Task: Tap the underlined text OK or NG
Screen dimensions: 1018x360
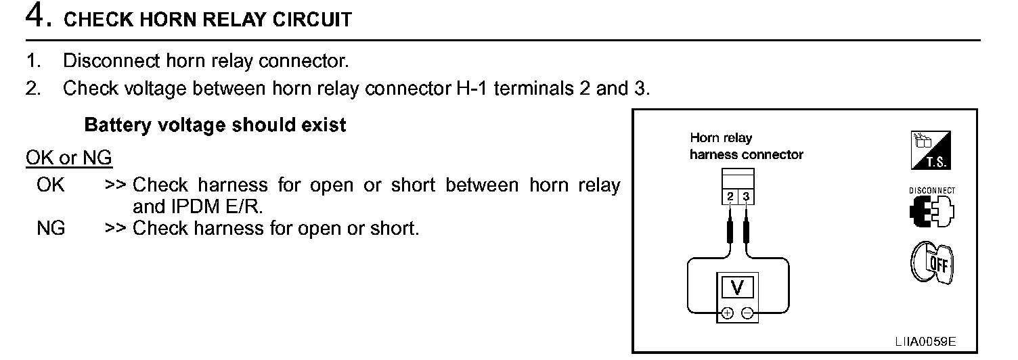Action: [69, 158]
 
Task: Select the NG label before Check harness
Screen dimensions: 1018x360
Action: [51, 229]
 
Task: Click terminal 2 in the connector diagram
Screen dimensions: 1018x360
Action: [731, 197]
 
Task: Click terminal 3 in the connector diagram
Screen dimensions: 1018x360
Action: [746, 197]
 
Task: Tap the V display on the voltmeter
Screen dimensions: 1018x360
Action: [738, 288]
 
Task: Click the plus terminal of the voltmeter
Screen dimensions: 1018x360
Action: [728, 313]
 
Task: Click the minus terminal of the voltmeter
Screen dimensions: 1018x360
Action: [747, 313]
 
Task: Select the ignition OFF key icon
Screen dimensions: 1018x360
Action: [931, 263]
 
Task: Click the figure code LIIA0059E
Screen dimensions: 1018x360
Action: [925, 340]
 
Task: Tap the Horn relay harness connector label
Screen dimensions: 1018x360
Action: [745, 146]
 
